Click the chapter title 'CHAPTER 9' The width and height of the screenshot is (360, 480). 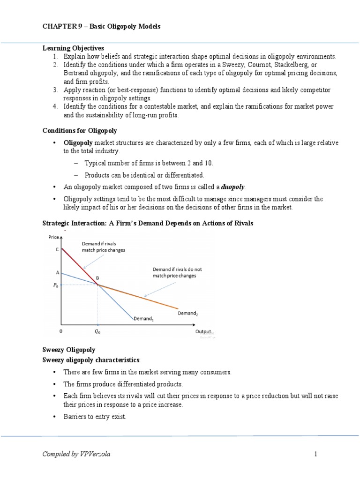click(59, 27)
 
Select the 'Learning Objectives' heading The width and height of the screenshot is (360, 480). click(73, 48)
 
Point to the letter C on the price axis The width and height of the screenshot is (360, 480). click(57, 250)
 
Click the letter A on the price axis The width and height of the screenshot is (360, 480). click(57, 272)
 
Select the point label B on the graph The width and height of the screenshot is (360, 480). click(97, 278)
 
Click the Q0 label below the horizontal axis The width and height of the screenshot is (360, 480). click(97, 331)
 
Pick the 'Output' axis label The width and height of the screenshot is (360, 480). click(203, 331)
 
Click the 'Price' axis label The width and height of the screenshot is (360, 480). click(53, 238)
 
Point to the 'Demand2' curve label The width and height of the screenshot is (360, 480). click(187, 313)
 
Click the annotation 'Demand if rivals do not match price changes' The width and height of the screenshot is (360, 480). click(174, 272)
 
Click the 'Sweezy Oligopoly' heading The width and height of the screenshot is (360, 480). click(69, 350)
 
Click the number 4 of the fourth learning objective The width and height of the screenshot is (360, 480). click(55, 107)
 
